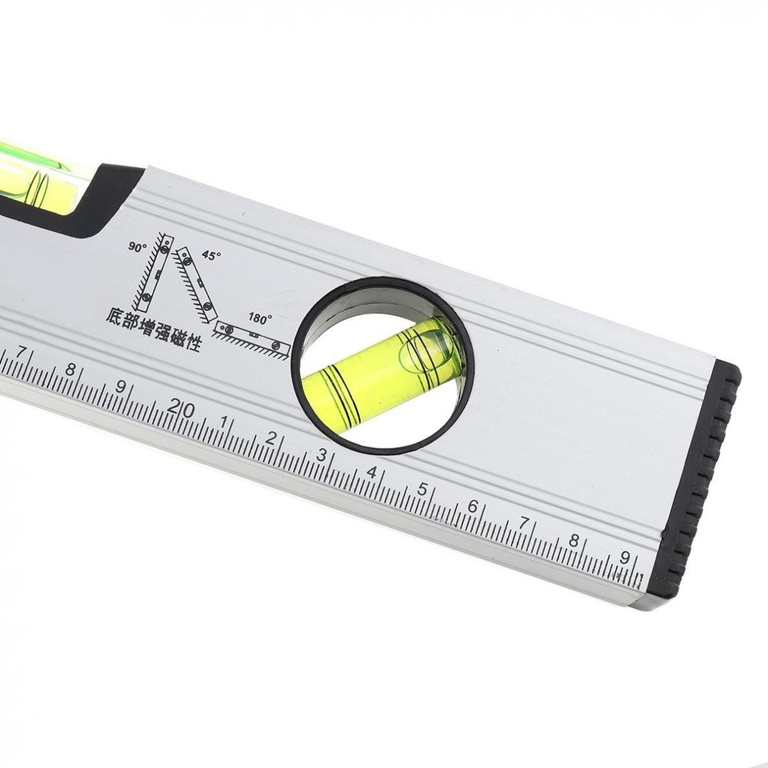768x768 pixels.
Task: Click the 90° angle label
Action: click(137, 246)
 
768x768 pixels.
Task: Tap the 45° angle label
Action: click(210, 255)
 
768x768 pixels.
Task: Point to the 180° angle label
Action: click(259, 318)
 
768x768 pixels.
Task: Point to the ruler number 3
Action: click(322, 455)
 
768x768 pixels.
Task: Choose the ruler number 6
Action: click(473, 506)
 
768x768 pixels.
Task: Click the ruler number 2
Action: click(271, 438)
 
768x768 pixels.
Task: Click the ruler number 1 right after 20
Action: click(223, 422)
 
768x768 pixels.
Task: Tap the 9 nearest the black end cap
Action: click(625, 558)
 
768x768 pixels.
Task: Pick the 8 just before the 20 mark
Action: click(70, 369)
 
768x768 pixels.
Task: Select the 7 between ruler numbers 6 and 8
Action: click(524, 523)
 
